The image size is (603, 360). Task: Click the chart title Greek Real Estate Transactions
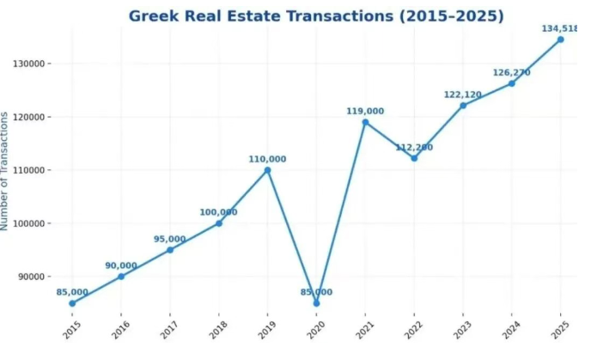click(x=316, y=16)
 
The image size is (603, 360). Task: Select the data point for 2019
click(x=267, y=170)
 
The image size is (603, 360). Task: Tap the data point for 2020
click(x=316, y=303)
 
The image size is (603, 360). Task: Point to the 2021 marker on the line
click(x=365, y=122)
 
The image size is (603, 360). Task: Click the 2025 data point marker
click(x=560, y=40)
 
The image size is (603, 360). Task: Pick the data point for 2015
click(x=72, y=303)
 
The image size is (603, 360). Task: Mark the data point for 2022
click(x=414, y=158)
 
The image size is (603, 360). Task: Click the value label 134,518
click(x=559, y=28)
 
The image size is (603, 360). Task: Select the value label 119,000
click(x=365, y=111)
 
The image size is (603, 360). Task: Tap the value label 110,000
click(x=267, y=159)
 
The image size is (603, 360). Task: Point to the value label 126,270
click(x=511, y=72)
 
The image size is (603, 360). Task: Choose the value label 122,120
click(x=463, y=95)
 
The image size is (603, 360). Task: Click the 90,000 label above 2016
click(x=121, y=265)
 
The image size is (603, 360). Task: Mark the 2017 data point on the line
click(x=170, y=250)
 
